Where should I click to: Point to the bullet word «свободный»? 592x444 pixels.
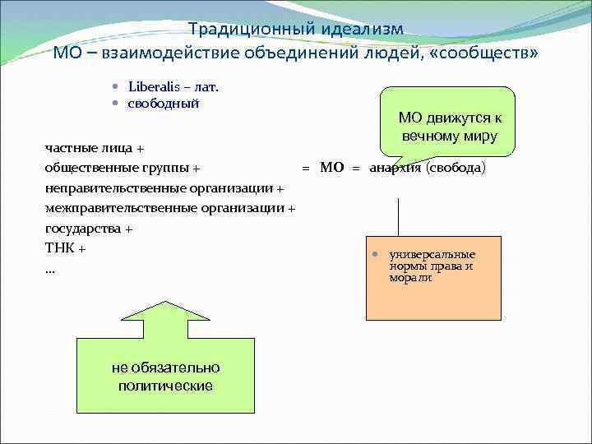(x=163, y=104)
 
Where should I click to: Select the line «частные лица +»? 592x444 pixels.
(x=94, y=149)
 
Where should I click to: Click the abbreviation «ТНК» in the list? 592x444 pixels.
(x=60, y=248)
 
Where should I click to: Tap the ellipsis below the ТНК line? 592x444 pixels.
(x=50, y=269)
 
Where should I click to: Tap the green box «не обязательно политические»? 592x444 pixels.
(x=165, y=376)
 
